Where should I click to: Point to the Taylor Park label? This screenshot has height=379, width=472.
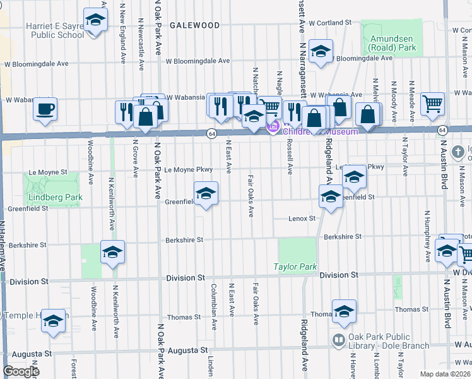pos(295,267)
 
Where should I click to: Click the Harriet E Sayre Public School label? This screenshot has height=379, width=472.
pos(46,30)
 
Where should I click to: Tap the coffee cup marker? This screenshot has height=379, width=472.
pos(45,109)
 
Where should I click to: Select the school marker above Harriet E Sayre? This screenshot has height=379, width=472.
pos(95,21)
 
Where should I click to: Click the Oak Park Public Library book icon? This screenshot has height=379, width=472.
pos(339,340)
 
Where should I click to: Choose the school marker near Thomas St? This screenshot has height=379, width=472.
pos(345,311)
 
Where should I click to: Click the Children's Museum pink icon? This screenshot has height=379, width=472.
pos(273,128)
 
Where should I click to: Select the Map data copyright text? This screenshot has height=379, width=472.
pos(445,374)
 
